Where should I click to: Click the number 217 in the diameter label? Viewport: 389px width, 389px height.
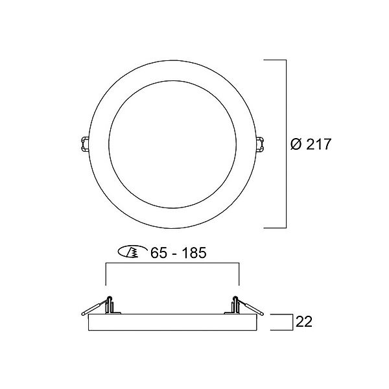tap(319, 145)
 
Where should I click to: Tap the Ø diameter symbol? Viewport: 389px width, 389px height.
tap(296, 145)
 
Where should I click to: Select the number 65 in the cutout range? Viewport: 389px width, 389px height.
tap(159, 253)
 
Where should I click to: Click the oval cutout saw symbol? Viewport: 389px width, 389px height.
tap(132, 253)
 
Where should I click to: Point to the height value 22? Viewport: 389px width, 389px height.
tap(304, 322)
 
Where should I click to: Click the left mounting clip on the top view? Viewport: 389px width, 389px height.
tap(84, 145)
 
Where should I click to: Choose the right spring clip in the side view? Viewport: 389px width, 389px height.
tap(248, 307)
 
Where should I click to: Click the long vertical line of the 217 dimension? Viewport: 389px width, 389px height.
tap(286, 144)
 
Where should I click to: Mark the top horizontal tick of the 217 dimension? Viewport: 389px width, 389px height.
tap(275, 60)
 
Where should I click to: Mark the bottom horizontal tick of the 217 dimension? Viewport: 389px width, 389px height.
tap(275, 228)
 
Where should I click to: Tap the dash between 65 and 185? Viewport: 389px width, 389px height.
tap(175, 253)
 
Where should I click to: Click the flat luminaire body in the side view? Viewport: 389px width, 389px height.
tap(172, 322)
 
